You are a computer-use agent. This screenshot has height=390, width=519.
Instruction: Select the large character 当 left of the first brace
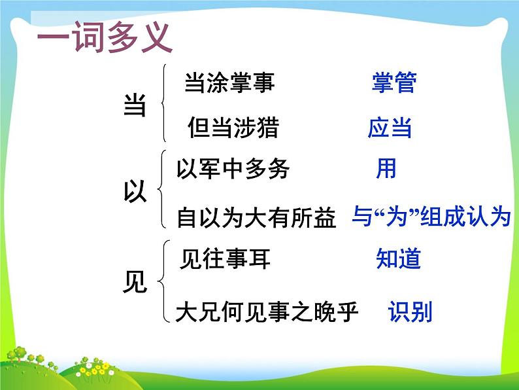(135, 105)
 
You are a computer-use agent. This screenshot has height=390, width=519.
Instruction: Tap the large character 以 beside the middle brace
(135, 191)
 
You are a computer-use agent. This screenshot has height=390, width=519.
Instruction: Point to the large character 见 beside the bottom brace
(135, 283)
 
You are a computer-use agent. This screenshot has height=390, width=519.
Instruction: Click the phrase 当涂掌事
(229, 83)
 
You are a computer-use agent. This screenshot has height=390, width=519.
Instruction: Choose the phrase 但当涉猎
(233, 127)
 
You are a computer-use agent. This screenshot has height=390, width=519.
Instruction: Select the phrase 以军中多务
(233, 170)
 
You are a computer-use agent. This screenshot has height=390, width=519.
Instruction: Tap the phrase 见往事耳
(224, 260)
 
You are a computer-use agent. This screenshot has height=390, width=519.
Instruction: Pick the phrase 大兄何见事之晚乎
(267, 313)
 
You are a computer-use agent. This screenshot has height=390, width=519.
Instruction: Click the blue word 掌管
(393, 83)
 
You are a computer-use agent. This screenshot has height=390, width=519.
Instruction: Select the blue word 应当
(390, 128)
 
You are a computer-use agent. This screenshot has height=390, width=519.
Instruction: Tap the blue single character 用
(386, 169)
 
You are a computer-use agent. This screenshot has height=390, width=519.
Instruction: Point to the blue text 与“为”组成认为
(431, 217)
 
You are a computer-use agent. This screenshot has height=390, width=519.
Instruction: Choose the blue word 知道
(398, 260)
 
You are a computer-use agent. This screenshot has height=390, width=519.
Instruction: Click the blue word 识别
(410, 312)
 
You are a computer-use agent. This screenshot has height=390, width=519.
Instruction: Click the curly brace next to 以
(161, 190)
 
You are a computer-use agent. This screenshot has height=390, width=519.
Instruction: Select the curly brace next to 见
(161, 282)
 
